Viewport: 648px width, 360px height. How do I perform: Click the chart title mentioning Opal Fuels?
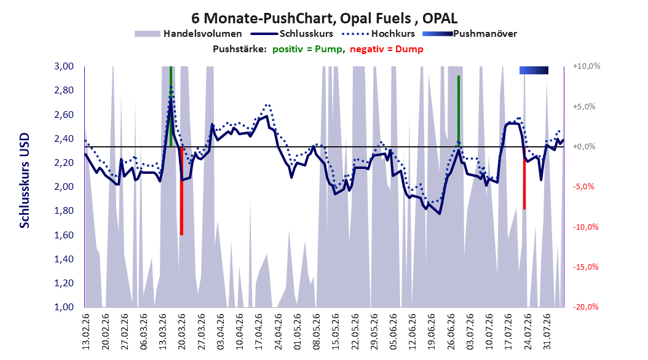tap(325, 18)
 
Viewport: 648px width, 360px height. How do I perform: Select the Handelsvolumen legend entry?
tap(188, 34)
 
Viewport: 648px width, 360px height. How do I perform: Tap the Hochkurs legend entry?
tap(378, 34)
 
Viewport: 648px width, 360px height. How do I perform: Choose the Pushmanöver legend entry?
tap(470, 34)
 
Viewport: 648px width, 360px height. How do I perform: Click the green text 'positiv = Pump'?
tap(307, 49)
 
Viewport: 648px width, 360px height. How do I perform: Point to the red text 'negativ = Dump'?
tap(387, 49)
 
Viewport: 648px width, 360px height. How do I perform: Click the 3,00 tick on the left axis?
tap(64, 66)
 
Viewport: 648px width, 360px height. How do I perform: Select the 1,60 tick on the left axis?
tap(64, 235)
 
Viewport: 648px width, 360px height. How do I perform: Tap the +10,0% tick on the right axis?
tap(587, 66)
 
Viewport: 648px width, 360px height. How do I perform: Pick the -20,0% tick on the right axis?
tap(585, 307)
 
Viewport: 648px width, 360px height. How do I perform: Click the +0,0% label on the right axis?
tap(584, 147)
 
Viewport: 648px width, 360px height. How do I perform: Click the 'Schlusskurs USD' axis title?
tap(25, 181)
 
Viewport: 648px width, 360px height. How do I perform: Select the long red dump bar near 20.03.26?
tap(181, 190)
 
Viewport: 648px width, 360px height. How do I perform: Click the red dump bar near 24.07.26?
tap(524, 178)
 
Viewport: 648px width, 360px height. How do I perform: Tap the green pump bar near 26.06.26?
tap(458, 111)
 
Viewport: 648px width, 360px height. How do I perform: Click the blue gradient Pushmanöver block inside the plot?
tap(534, 70)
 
